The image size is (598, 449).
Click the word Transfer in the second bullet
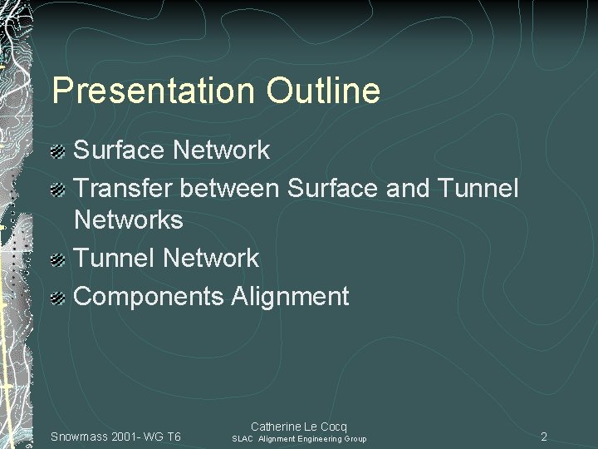[x=124, y=188]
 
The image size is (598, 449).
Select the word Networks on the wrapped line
[x=129, y=220]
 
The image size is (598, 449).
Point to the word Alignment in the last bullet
[x=291, y=296]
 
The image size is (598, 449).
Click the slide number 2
[x=544, y=437]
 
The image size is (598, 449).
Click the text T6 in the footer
[x=174, y=437]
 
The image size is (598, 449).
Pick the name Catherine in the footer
[x=277, y=427]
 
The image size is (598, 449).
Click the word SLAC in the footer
[x=243, y=439]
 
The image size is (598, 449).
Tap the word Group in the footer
[x=355, y=439]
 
